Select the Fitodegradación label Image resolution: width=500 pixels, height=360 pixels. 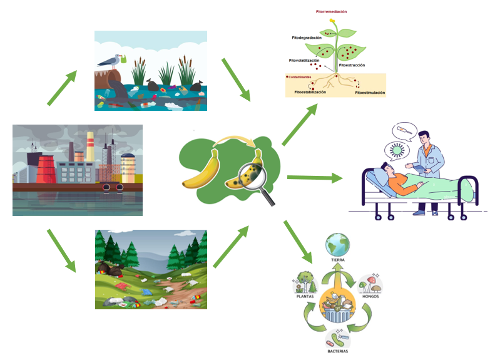tap(307, 38)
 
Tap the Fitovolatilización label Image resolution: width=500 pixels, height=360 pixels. tap(305, 61)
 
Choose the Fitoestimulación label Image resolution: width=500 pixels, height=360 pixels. tap(370, 93)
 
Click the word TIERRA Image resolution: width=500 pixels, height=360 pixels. tap(338, 259)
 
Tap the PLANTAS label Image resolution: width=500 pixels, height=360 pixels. tap(305, 297)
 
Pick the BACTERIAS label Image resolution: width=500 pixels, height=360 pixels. tap(337, 351)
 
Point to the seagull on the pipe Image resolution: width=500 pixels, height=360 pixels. tap(113, 61)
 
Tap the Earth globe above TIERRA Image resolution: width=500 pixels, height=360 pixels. tap(337, 244)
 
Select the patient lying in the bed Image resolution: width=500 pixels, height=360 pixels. tap(407, 182)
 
